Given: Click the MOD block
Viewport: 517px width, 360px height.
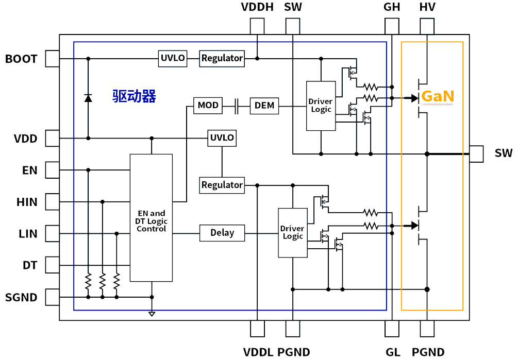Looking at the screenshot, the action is pos(208,106).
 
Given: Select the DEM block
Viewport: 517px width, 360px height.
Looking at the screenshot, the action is pos(264,106).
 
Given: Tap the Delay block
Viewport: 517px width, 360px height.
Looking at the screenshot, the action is pos(222,233).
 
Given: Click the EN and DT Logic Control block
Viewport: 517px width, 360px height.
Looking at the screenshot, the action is pos(152,218).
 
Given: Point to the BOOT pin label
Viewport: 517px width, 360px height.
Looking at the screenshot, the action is pos(21,59).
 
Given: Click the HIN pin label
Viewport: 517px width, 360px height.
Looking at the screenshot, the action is pos(27,202).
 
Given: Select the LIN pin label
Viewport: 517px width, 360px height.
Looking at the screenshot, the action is pos(28,234).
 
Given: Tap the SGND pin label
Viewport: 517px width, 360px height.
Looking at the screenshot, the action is pos(21,297).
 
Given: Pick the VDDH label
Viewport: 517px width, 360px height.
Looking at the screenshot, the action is pos(257,7).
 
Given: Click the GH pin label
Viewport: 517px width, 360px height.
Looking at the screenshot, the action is pos(392,7).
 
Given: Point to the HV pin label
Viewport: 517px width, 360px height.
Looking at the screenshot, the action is pos(427,7).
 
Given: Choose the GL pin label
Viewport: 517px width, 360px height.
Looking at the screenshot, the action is pos(393,352).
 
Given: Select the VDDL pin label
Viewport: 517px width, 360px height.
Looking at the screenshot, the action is pos(258,352).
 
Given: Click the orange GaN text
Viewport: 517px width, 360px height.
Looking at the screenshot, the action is pos(438,96).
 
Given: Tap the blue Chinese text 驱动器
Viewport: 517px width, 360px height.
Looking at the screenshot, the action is pos(134,96).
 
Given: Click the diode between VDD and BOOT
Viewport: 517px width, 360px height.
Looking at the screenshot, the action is pos(88,98).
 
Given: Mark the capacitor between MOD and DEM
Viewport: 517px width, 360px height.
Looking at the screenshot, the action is pos(237,106).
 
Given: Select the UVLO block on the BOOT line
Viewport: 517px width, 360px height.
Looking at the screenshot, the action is pos(173,58).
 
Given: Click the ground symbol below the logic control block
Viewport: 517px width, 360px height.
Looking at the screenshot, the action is pos(152,314).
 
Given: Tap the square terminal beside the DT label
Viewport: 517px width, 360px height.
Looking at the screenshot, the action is pos(52,265).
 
